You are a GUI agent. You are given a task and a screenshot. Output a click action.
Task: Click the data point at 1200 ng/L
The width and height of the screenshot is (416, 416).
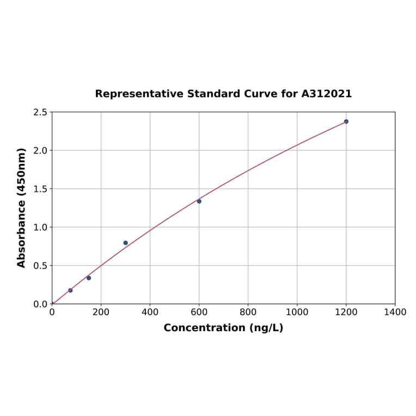tap(346, 121)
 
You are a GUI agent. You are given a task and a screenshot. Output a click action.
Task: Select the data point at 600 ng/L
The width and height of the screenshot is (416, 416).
tap(199, 201)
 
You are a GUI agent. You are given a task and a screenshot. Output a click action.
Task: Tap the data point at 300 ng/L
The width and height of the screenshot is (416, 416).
tap(125, 243)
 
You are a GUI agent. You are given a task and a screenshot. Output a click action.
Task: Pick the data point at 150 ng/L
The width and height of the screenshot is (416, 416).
tap(89, 278)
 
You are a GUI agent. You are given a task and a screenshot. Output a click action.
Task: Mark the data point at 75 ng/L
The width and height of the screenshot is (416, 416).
tap(70, 290)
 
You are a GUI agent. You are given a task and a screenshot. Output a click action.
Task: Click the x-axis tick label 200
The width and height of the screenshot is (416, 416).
tap(101, 312)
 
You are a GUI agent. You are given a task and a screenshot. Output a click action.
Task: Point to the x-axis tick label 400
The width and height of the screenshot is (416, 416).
tap(150, 312)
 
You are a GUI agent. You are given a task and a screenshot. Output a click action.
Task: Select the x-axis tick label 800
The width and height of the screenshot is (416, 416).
tap(248, 312)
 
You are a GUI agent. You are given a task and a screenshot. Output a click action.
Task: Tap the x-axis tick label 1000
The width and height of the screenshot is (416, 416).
tap(297, 312)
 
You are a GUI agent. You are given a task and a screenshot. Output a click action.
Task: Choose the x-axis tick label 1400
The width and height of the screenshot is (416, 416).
tap(395, 312)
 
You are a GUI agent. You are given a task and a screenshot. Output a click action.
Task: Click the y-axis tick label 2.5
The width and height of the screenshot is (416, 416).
tap(40, 112)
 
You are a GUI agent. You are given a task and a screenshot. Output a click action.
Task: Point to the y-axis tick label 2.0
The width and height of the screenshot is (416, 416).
tap(40, 150)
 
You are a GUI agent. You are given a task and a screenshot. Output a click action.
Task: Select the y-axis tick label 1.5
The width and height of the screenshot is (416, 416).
tap(40, 189)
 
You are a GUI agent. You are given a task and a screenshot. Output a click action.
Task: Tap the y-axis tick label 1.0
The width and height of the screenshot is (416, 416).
tap(40, 227)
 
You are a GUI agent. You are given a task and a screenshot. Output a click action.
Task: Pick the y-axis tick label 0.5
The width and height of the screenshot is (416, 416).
tap(40, 266)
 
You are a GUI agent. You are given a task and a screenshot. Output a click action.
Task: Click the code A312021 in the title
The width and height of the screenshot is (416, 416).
tap(327, 94)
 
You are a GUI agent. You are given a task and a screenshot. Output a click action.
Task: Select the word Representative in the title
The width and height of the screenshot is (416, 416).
tap(139, 94)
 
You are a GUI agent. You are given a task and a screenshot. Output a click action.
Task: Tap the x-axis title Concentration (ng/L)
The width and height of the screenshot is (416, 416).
tap(223, 328)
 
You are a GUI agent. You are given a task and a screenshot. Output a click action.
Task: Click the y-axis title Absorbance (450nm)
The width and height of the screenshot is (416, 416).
tap(22, 207)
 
